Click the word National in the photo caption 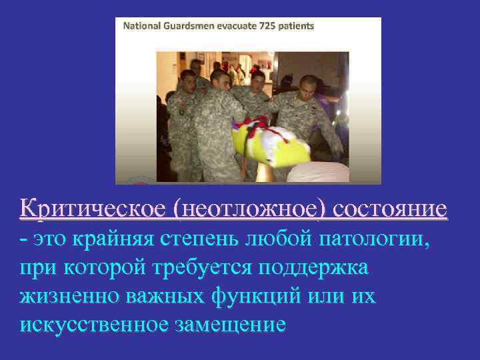click(x=143, y=26)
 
